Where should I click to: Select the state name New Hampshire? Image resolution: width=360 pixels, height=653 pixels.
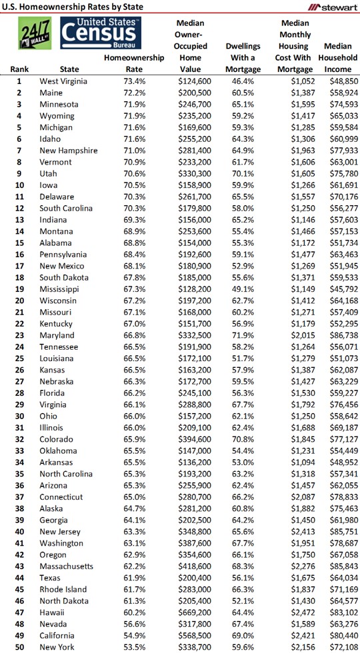click(69, 150)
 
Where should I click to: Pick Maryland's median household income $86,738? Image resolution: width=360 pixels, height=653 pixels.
click(340, 335)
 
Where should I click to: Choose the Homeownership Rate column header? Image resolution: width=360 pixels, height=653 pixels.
click(134, 63)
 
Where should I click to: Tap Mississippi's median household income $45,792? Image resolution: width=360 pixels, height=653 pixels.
click(340, 289)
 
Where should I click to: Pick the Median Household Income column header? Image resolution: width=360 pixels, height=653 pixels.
click(340, 57)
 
